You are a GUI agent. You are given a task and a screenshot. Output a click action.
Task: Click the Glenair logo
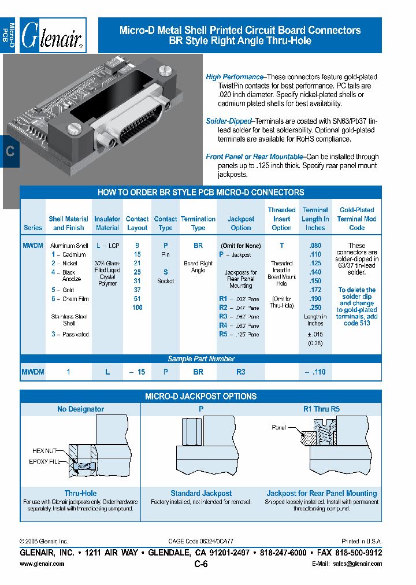[x=53, y=36]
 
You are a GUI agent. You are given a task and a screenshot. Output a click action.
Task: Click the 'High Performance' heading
[x=234, y=77]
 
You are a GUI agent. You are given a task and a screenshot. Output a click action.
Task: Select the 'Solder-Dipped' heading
[x=229, y=121]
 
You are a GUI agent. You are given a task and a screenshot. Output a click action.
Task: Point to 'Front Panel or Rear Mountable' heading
[x=254, y=157]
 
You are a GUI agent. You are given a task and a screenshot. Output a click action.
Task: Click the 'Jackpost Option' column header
[x=241, y=223]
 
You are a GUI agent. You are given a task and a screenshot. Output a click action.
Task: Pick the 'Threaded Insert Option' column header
[x=282, y=219]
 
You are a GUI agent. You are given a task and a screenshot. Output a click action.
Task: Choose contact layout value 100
[x=137, y=308]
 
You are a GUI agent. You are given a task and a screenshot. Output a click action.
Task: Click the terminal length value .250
[x=315, y=308]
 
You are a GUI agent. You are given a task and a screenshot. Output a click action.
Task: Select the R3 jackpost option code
[x=224, y=317]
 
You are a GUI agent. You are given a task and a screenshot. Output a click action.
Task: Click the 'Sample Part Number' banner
[x=201, y=359]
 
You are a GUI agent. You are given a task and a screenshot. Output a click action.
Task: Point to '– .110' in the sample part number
[x=315, y=372]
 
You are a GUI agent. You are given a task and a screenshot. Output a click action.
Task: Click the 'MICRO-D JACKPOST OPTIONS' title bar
[x=200, y=397]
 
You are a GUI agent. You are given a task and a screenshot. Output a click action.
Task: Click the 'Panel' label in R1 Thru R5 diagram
[x=280, y=427]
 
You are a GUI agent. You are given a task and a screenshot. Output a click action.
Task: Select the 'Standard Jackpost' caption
[x=201, y=493]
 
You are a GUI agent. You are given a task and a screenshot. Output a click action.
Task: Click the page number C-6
[x=201, y=565]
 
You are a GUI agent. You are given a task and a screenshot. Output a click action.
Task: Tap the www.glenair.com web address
[x=42, y=564]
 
